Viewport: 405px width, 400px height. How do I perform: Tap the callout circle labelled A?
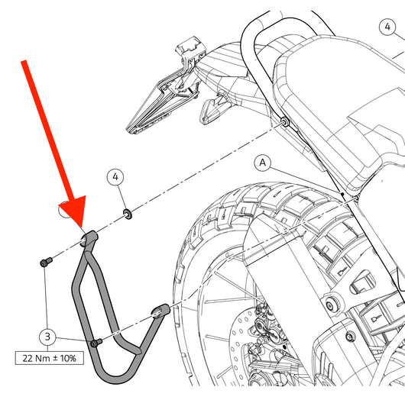point(263,163)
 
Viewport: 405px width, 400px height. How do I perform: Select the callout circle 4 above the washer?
point(115,177)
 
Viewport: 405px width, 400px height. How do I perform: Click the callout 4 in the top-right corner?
point(387,27)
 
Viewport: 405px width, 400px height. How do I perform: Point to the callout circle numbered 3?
point(47,337)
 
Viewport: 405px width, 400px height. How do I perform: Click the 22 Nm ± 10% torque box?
point(50,358)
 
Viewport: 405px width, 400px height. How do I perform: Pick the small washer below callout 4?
point(128,214)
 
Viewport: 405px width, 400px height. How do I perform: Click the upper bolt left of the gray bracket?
point(47,262)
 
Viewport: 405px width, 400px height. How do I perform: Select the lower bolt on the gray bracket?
point(96,343)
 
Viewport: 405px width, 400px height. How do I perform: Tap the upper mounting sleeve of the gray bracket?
point(89,238)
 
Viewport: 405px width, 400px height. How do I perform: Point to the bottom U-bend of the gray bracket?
point(116,376)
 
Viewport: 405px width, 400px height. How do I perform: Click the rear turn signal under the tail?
point(212,108)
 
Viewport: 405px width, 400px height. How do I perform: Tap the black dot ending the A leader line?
point(342,194)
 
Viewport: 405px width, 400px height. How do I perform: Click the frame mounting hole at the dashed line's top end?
point(285,121)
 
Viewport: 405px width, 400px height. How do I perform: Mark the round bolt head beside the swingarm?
point(330,306)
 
